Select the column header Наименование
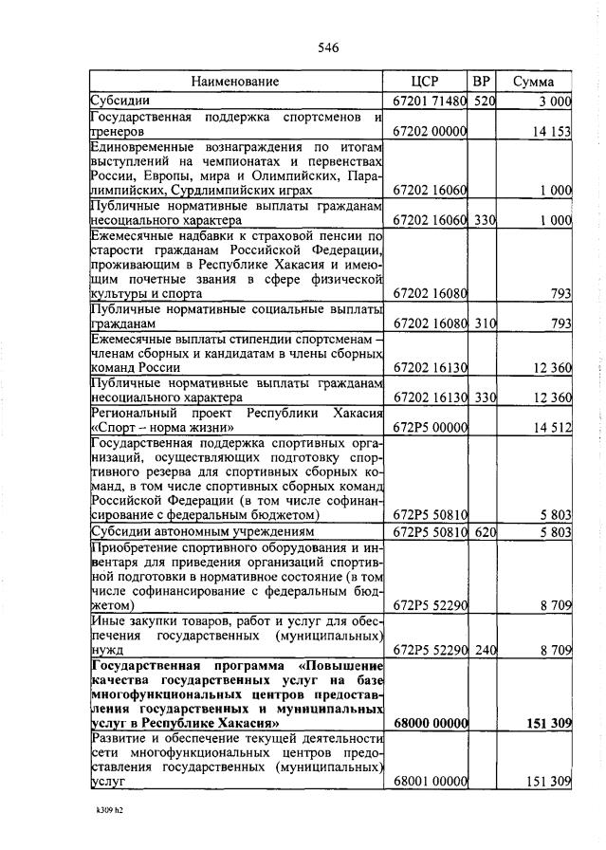tap(236, 82)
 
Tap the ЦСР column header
tap(429, 82)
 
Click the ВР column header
tap(483, 82)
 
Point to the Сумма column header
tap(534, 82)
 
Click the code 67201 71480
tap(430, 100)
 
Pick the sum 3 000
tap(555, 100)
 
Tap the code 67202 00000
tap(430, 133)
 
